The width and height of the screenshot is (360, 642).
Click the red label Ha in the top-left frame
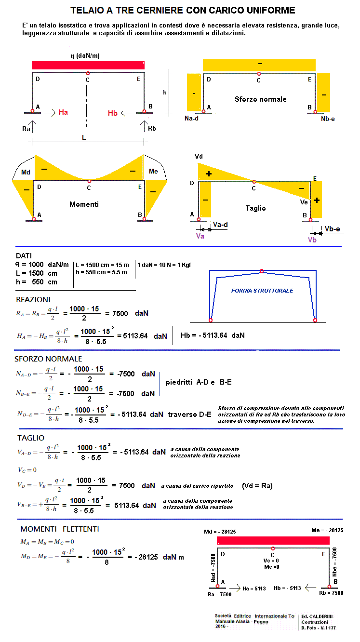click(x=63, y=112)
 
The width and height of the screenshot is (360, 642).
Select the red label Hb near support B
click(x=113, y=113)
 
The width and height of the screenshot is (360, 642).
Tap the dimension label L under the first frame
click(x=84, y=138)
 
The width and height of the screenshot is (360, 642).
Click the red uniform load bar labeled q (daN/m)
click(x=88, y=65)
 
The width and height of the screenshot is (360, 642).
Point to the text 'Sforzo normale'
click(x=260, y=99)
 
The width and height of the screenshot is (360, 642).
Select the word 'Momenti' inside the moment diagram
click(x=84, y=204)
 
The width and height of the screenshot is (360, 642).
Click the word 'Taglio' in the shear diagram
click(x=255, y=208)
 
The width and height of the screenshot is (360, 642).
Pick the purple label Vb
click(x=312, y=240)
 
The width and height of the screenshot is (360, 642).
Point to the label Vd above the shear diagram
click(x=199, y=157)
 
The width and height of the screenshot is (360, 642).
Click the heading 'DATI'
click(x=24, y=256)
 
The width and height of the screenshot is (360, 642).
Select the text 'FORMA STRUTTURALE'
click(x=262, y=291)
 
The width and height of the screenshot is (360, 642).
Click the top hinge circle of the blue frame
click(x=262, y=271)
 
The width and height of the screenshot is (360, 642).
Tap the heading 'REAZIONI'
click(x=33, y=299)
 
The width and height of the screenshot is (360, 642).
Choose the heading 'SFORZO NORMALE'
click(x=48, y=359)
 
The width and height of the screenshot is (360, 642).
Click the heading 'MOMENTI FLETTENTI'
click(x=60, y=529)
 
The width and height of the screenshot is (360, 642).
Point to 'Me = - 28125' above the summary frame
click(x=327, y=530)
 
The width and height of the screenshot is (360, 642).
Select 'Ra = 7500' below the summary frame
click(x=219, y=594)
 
